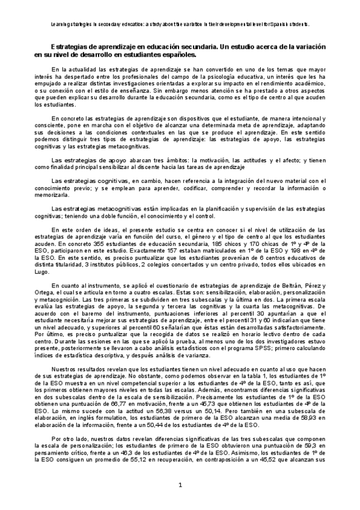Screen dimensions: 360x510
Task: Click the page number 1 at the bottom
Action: coord(180,485)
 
